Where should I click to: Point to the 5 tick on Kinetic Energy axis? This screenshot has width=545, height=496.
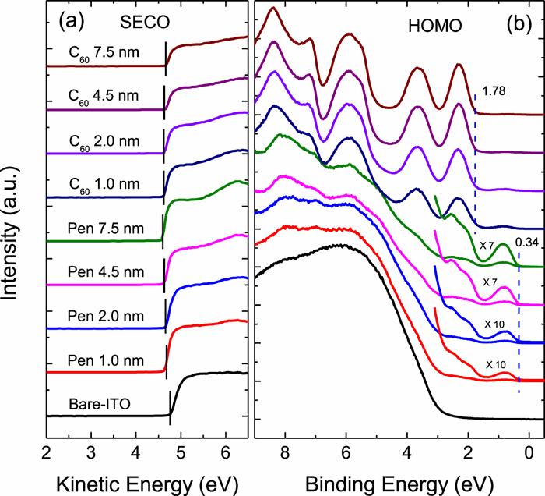click(181, 453)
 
